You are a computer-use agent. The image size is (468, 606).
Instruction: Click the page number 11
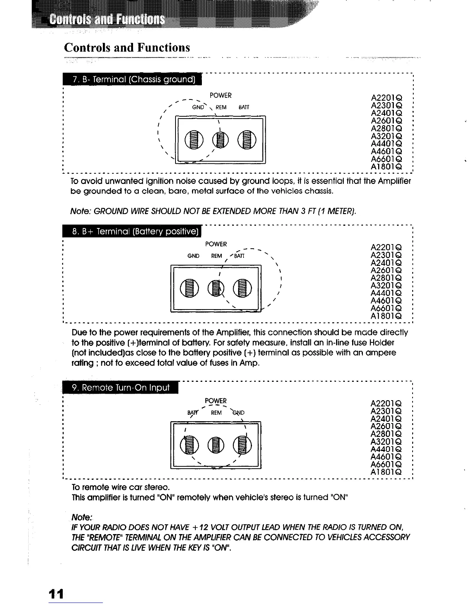click(x=56, y=594)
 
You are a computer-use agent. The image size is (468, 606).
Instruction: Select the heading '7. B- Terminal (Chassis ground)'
click(x=134, y=80)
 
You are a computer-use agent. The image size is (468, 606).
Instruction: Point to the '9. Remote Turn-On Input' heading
click(x=121, y=388)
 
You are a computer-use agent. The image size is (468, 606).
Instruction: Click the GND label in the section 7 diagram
click(x=198, y=108)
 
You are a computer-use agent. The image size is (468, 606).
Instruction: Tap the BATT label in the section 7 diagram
click(x=244, y=108)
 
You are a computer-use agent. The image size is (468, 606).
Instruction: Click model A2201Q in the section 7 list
click(x=386, y=98)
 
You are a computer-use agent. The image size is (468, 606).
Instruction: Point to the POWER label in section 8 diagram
click(x=216, y=244)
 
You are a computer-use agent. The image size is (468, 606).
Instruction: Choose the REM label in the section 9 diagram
click(x=216, y=413)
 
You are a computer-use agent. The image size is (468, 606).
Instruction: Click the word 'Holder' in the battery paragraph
click(x=380, y=342)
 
